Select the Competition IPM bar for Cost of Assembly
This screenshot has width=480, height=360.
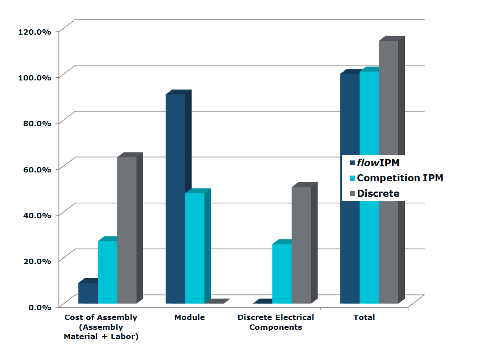coord(107,272)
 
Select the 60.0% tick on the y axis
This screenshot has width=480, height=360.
coord(37,169)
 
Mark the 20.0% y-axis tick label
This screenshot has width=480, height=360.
coord(37,261)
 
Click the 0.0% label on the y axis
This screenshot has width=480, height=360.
coord(40,307)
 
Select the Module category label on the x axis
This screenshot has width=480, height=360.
coord(190,317)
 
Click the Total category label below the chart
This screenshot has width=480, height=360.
coord(364,317)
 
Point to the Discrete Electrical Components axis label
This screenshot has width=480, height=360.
coord(276,322)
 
